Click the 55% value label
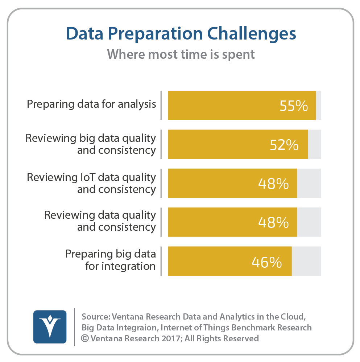point(294,106)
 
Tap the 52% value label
point(284,145)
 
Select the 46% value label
point(267,262)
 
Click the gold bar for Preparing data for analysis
point(242,105)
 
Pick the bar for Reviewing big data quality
point(238,144)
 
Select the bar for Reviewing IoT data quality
point(233,183)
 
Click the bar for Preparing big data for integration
point(230,261)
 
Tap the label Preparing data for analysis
point(91,104)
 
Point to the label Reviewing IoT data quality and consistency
point(91,183)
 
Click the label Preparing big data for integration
point(111,260)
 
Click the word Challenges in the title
point(252,34)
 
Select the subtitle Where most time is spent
point(181,55)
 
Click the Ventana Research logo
point(50,327)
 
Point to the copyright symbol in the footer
point(85,338)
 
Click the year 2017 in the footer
point(171,338)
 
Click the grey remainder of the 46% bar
point(306,261)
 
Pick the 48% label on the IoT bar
point(273,184)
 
